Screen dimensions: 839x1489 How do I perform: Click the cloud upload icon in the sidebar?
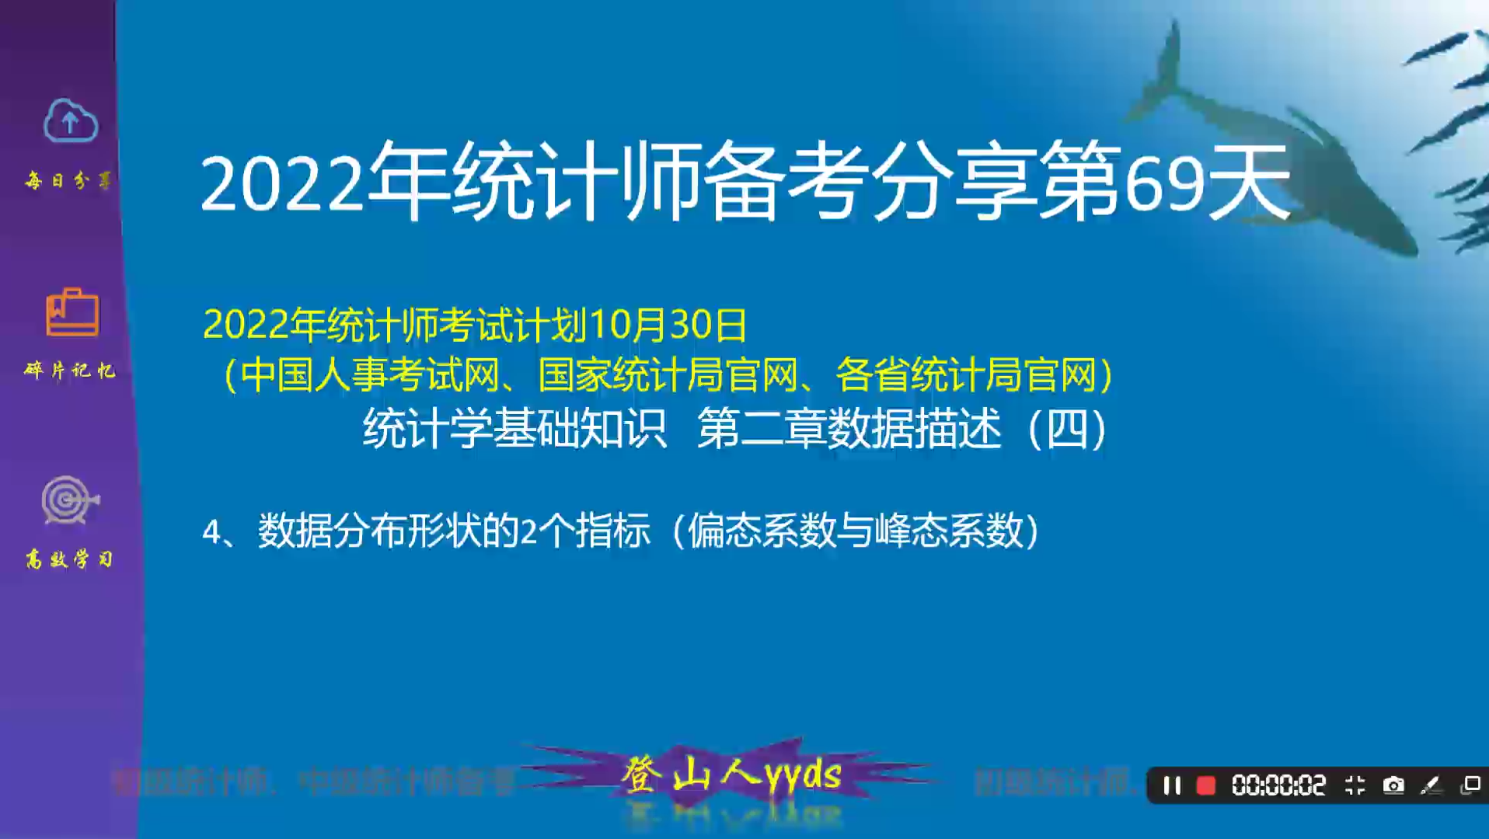point(70,121)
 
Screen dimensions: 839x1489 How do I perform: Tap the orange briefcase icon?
point(72,312)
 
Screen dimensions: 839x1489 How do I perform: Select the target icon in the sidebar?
point(69,500)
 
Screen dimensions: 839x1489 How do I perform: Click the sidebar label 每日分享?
point(68,181)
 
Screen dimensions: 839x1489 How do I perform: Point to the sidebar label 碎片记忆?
point(69,370)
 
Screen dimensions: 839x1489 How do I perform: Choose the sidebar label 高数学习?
point(69,559)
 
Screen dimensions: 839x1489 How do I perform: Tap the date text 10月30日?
point(668,325)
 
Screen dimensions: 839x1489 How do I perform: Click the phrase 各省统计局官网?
point(965,375)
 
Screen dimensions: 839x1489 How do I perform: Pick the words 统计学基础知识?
point(514,428)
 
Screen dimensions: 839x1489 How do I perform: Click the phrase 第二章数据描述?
point(849,428)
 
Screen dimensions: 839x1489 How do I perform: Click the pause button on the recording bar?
point(1171,785)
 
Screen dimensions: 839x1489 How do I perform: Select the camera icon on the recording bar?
point(1393,785)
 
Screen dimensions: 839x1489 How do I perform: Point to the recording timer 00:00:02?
point(1278,785)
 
